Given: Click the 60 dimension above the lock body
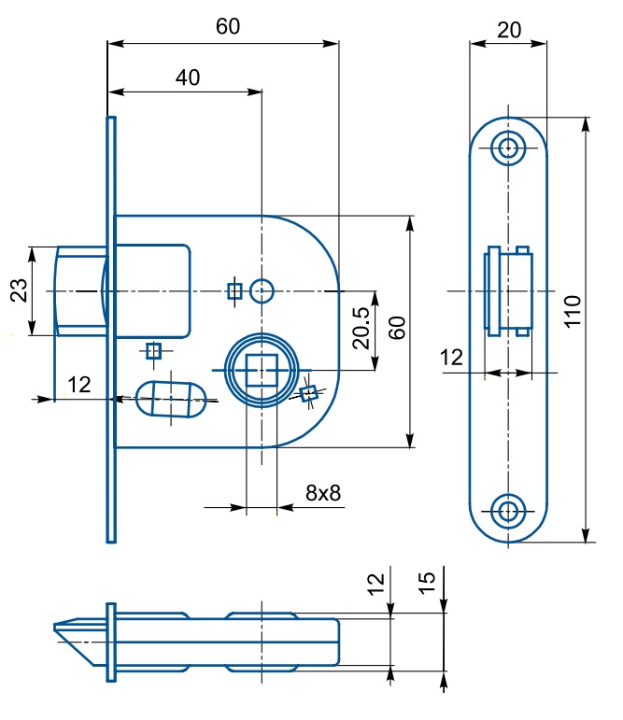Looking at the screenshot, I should pos(228,26).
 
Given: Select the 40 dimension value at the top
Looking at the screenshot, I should pos(187,78).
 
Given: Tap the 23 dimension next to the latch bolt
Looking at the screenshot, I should pos(18,291).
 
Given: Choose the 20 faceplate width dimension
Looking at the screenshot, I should pos(508,29).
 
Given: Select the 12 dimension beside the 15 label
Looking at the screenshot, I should pos(375,585).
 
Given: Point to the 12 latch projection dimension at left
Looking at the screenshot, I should pos(78,383).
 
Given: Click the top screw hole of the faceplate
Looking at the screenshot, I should pos(508,147).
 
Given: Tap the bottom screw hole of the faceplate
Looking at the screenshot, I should pos(508,510).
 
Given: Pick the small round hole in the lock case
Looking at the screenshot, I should pos(262,291).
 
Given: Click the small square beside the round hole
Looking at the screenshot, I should pos(235,291).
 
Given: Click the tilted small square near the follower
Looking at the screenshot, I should pos(307,393).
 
